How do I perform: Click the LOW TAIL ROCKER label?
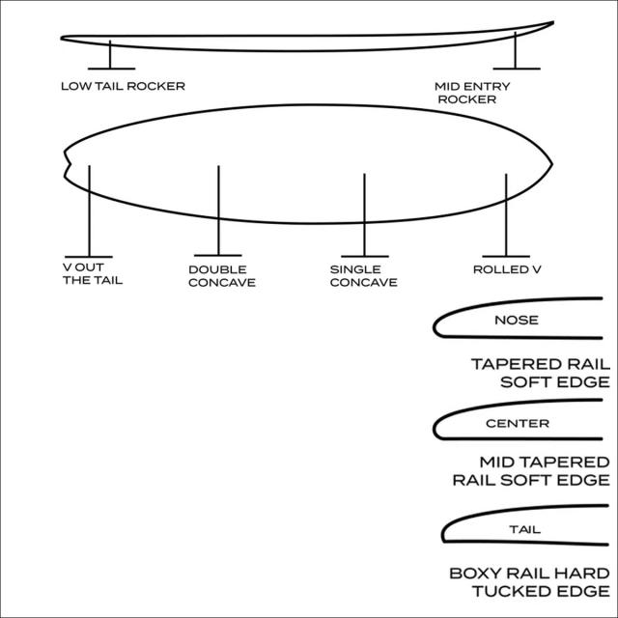[x=123, y=86]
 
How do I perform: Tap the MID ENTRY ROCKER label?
[x=472, y=93]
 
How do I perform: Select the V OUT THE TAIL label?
[x=93, y=273]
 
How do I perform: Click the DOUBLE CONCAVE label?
[x=222, y=276]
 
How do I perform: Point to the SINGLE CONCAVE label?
[x=363, y=276]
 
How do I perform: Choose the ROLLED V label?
[x=507, y=269]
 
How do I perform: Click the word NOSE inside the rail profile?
[x=517, y=320]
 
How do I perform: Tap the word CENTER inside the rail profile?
[x=518, y=423]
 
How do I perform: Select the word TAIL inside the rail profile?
[x=524, y=529]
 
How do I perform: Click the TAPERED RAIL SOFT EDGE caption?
[x=541, y=373]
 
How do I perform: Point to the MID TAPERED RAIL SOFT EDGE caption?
[x=531, y=470]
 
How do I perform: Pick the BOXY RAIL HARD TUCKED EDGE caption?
[x=529, y=582]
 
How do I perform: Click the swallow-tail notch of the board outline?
[x=70, y=163]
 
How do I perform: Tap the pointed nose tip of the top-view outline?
[x=551, y=164]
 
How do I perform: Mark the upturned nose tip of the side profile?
[x=553, y=22]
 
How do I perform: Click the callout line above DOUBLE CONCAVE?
[x=218, y=211]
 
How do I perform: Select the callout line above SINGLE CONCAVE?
[x=364, y=214]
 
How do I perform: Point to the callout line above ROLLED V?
[x=506, y=214]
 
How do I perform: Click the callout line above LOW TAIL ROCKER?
[x=110, y=54]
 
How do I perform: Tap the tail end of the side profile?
[x=62, y=39]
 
